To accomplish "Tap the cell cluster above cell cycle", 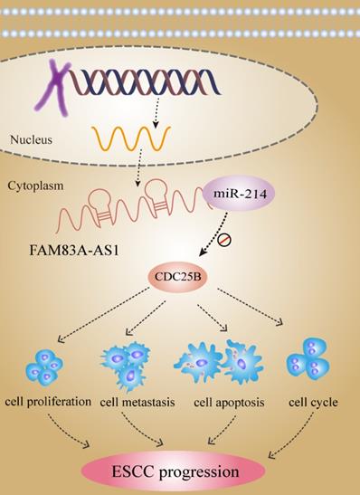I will [308, 363].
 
